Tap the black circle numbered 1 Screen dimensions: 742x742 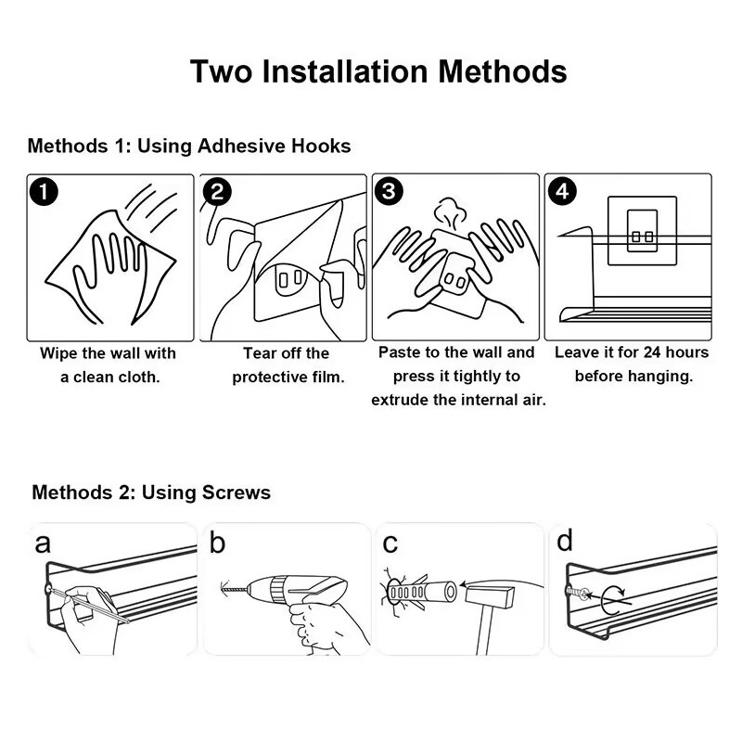tap(44, 192)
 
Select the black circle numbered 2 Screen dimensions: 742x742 tap(217, 192)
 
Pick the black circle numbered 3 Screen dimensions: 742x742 tap(389, 191)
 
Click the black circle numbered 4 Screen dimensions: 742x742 tap(562, 191)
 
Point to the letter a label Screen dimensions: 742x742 tap(43, 544)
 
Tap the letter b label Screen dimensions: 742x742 tap(217, 542)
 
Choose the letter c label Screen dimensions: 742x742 tap(390, 544)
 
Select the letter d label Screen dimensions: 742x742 tap(565, 541)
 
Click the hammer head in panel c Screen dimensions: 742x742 tap(490, 597)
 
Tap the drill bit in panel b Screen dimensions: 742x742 tap(235, 589)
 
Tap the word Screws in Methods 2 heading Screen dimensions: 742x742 tap(237, 493)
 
